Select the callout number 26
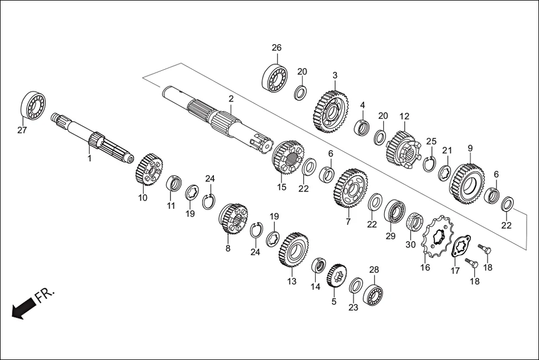point(276,47)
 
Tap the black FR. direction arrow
point(23,309)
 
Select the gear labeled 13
point(293,249)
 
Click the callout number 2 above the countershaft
point(231,98)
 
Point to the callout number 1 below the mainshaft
point(89,159)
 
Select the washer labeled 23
point(355,286)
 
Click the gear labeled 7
point(351,188)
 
